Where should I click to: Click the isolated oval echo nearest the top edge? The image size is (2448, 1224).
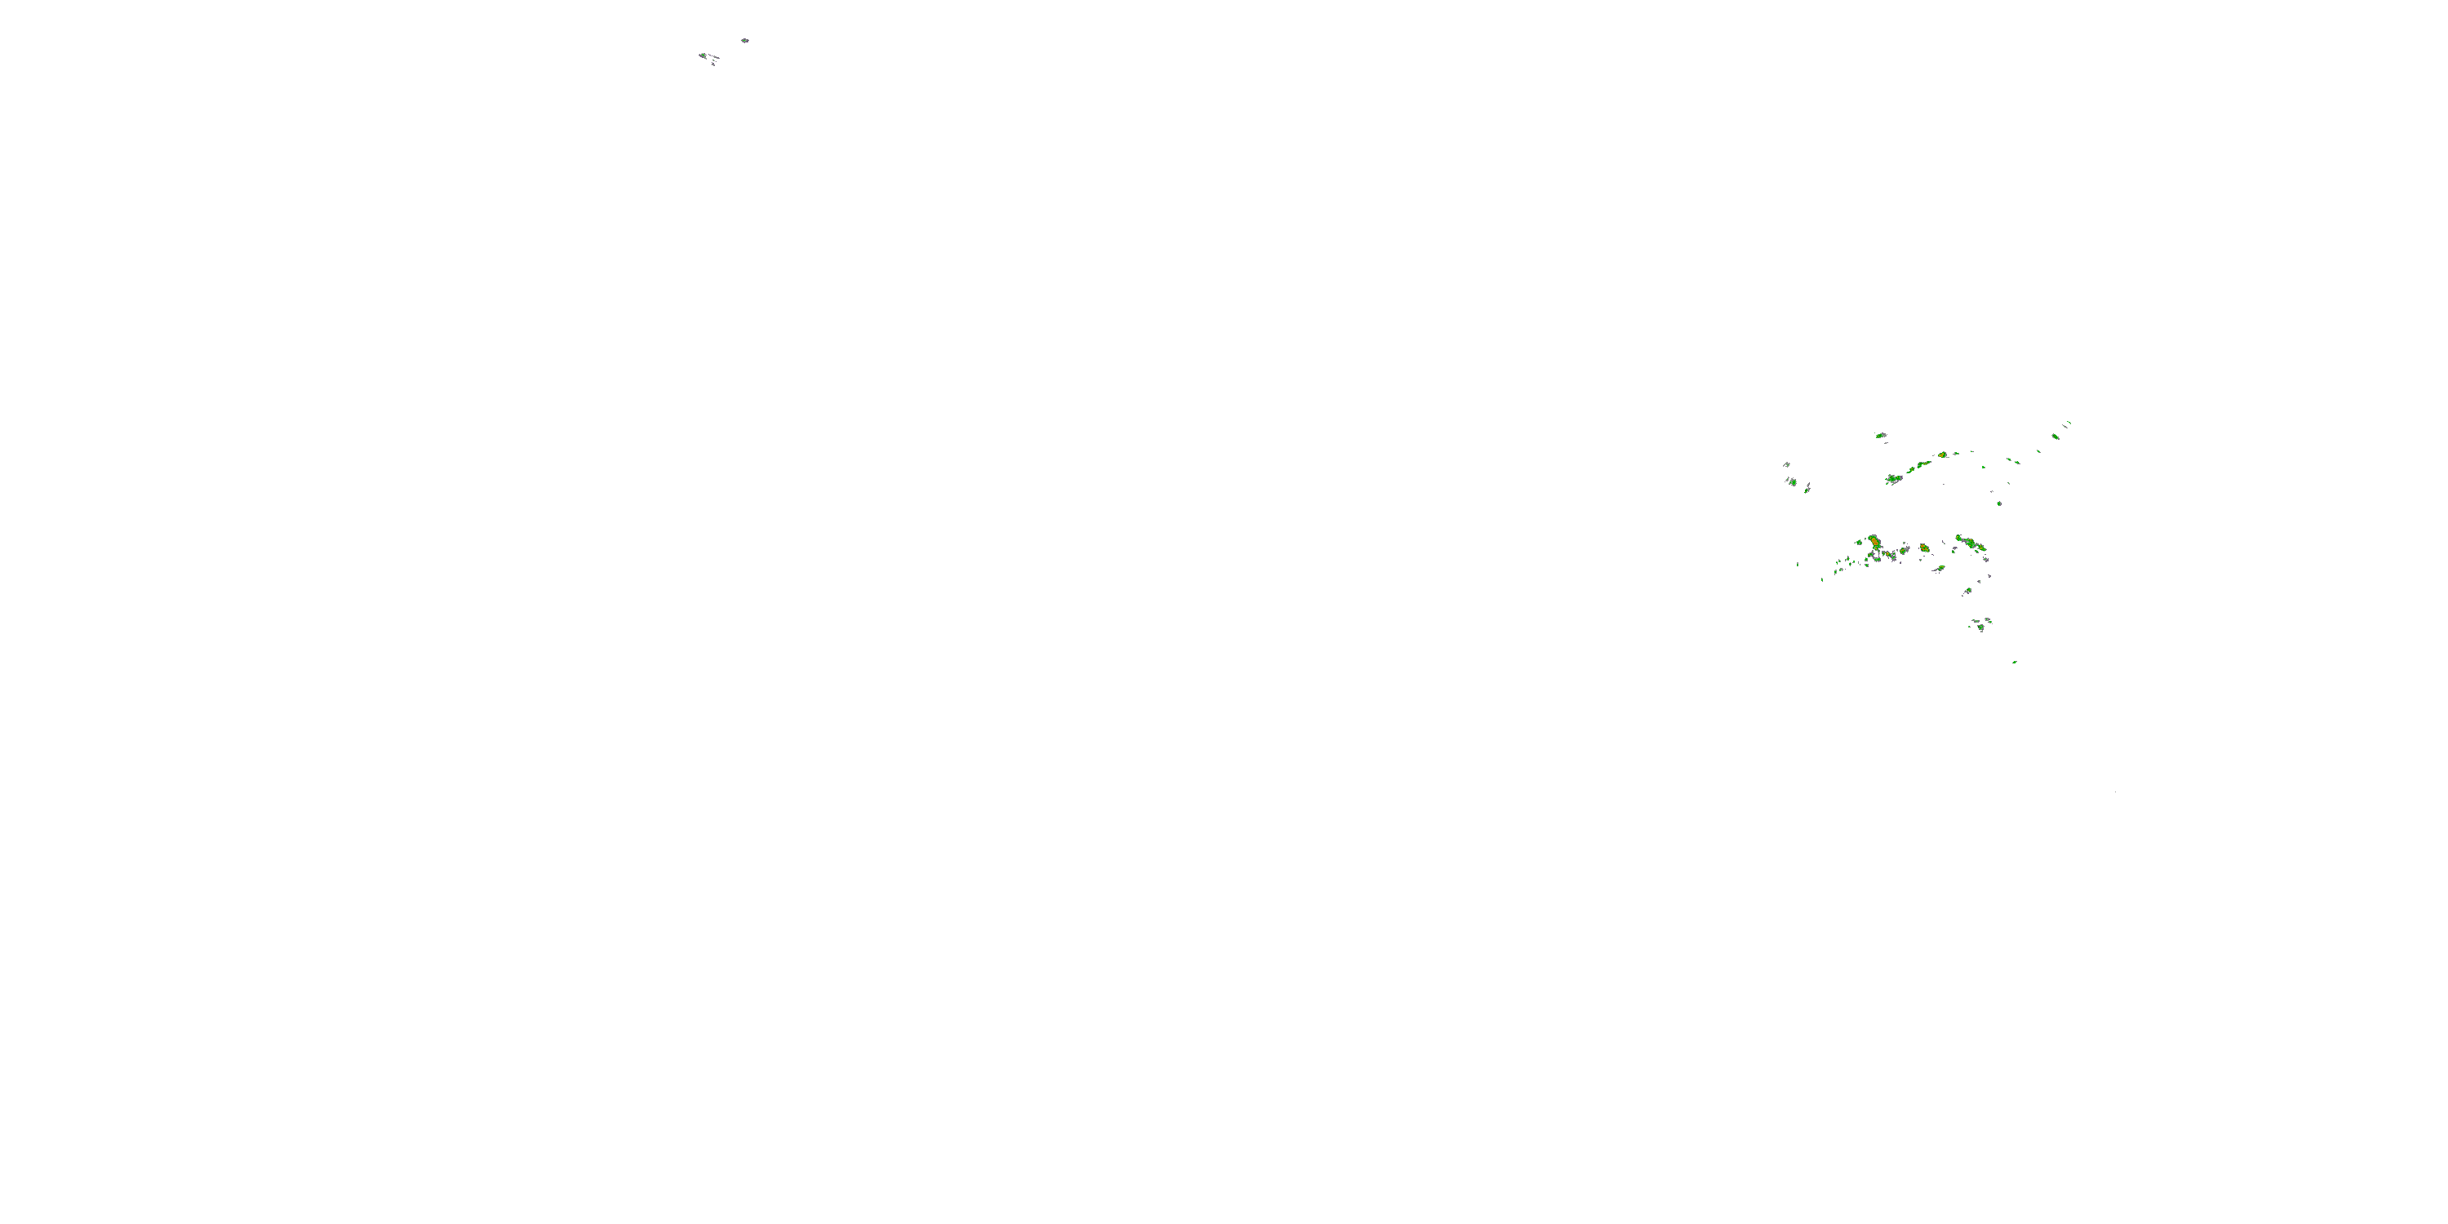[745, 41]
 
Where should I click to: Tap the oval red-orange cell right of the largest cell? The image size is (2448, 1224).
[1924, 548]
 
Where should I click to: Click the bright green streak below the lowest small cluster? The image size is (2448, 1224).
[2015, 663]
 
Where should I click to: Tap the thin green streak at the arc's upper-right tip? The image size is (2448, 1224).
[2068, 424]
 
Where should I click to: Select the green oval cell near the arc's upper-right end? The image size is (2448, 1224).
[2055, 437]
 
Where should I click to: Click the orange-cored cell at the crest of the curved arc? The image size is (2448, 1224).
[1942, 455]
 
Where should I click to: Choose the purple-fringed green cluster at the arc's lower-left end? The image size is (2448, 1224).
[1893, 479]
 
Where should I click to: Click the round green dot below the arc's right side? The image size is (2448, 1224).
[1999, 503]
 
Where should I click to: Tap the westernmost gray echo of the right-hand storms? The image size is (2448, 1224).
[1786, 464]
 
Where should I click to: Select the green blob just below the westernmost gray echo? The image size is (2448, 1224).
[1792, 481]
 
